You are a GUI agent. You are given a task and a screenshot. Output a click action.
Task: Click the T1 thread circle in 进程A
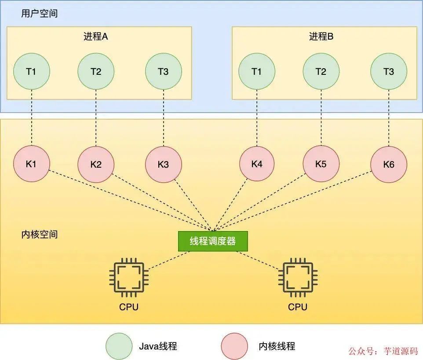pyautogui.click(x=31, y=71)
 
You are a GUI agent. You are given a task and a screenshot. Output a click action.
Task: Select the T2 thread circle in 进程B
pyautogui.click(x=321, y=71)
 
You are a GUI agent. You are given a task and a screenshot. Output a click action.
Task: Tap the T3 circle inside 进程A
pyautogui.click(x=163, y=71)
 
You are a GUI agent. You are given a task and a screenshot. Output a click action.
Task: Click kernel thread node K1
pyautogui.click(x=31, y=164)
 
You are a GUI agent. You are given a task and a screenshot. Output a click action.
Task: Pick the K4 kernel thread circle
pyautogui.click(x=257, y=164)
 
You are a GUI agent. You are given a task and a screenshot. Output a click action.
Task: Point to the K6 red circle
pyautogui.click(x=389, y=164)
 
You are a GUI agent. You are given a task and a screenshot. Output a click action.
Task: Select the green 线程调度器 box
pyautogui.click(x=213, y=241)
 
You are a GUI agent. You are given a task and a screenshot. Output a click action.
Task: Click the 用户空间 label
pyautogui.click(x=39, y=14)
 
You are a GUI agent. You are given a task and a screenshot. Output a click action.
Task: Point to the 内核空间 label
pyautogui.click(x=39, y=234)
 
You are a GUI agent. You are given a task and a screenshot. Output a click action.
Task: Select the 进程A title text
pyautogui.click(x=95, y=37)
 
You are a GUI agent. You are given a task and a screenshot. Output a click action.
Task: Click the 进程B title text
pyautogui.click(x=321, y=37)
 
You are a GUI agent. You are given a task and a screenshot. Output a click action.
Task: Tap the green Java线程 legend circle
pyautogui.click(x=119, y=346)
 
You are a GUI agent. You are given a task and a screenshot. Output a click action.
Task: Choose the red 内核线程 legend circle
pyautogui.click(x=234, y=346)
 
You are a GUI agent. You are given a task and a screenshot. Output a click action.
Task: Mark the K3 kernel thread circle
pyautogui.click(x=163, y=164)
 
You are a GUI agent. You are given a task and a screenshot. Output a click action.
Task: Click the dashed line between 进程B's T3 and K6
pyautogui.click(x=389, y=118)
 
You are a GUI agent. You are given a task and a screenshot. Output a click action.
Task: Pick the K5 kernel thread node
pyautogui.click(x=321, y=164)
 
